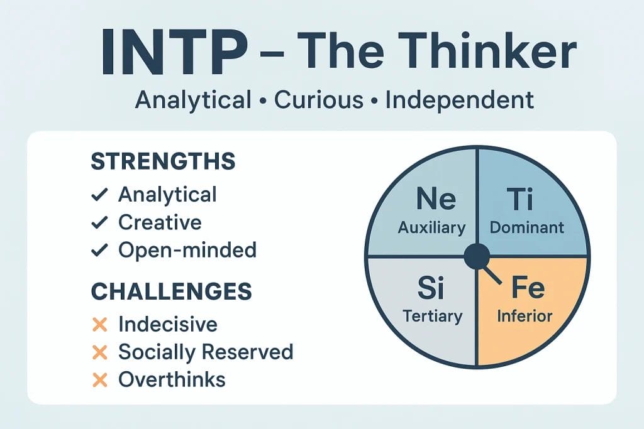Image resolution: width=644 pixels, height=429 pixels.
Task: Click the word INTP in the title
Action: pos(174,51)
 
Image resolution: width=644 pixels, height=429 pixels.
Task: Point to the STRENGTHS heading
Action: pos(163,161)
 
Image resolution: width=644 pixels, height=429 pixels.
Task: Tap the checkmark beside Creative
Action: pos(99,222)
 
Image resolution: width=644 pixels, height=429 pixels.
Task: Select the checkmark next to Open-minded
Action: pos(99,250)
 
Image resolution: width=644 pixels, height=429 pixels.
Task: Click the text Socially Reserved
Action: pos(206,352)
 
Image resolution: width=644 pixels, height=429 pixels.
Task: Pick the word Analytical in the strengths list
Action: pos(167,194)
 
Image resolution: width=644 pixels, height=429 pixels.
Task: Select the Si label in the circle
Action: pos(431,289)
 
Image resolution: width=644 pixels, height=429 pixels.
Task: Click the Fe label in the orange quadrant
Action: pos(527,288)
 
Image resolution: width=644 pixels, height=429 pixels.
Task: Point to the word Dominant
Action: pos(527,227)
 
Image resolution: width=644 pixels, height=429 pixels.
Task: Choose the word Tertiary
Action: pos(431,315)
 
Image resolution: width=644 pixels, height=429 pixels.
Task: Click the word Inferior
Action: pos(525,315)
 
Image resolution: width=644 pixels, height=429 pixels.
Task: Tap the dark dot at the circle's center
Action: pos(477,256)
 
